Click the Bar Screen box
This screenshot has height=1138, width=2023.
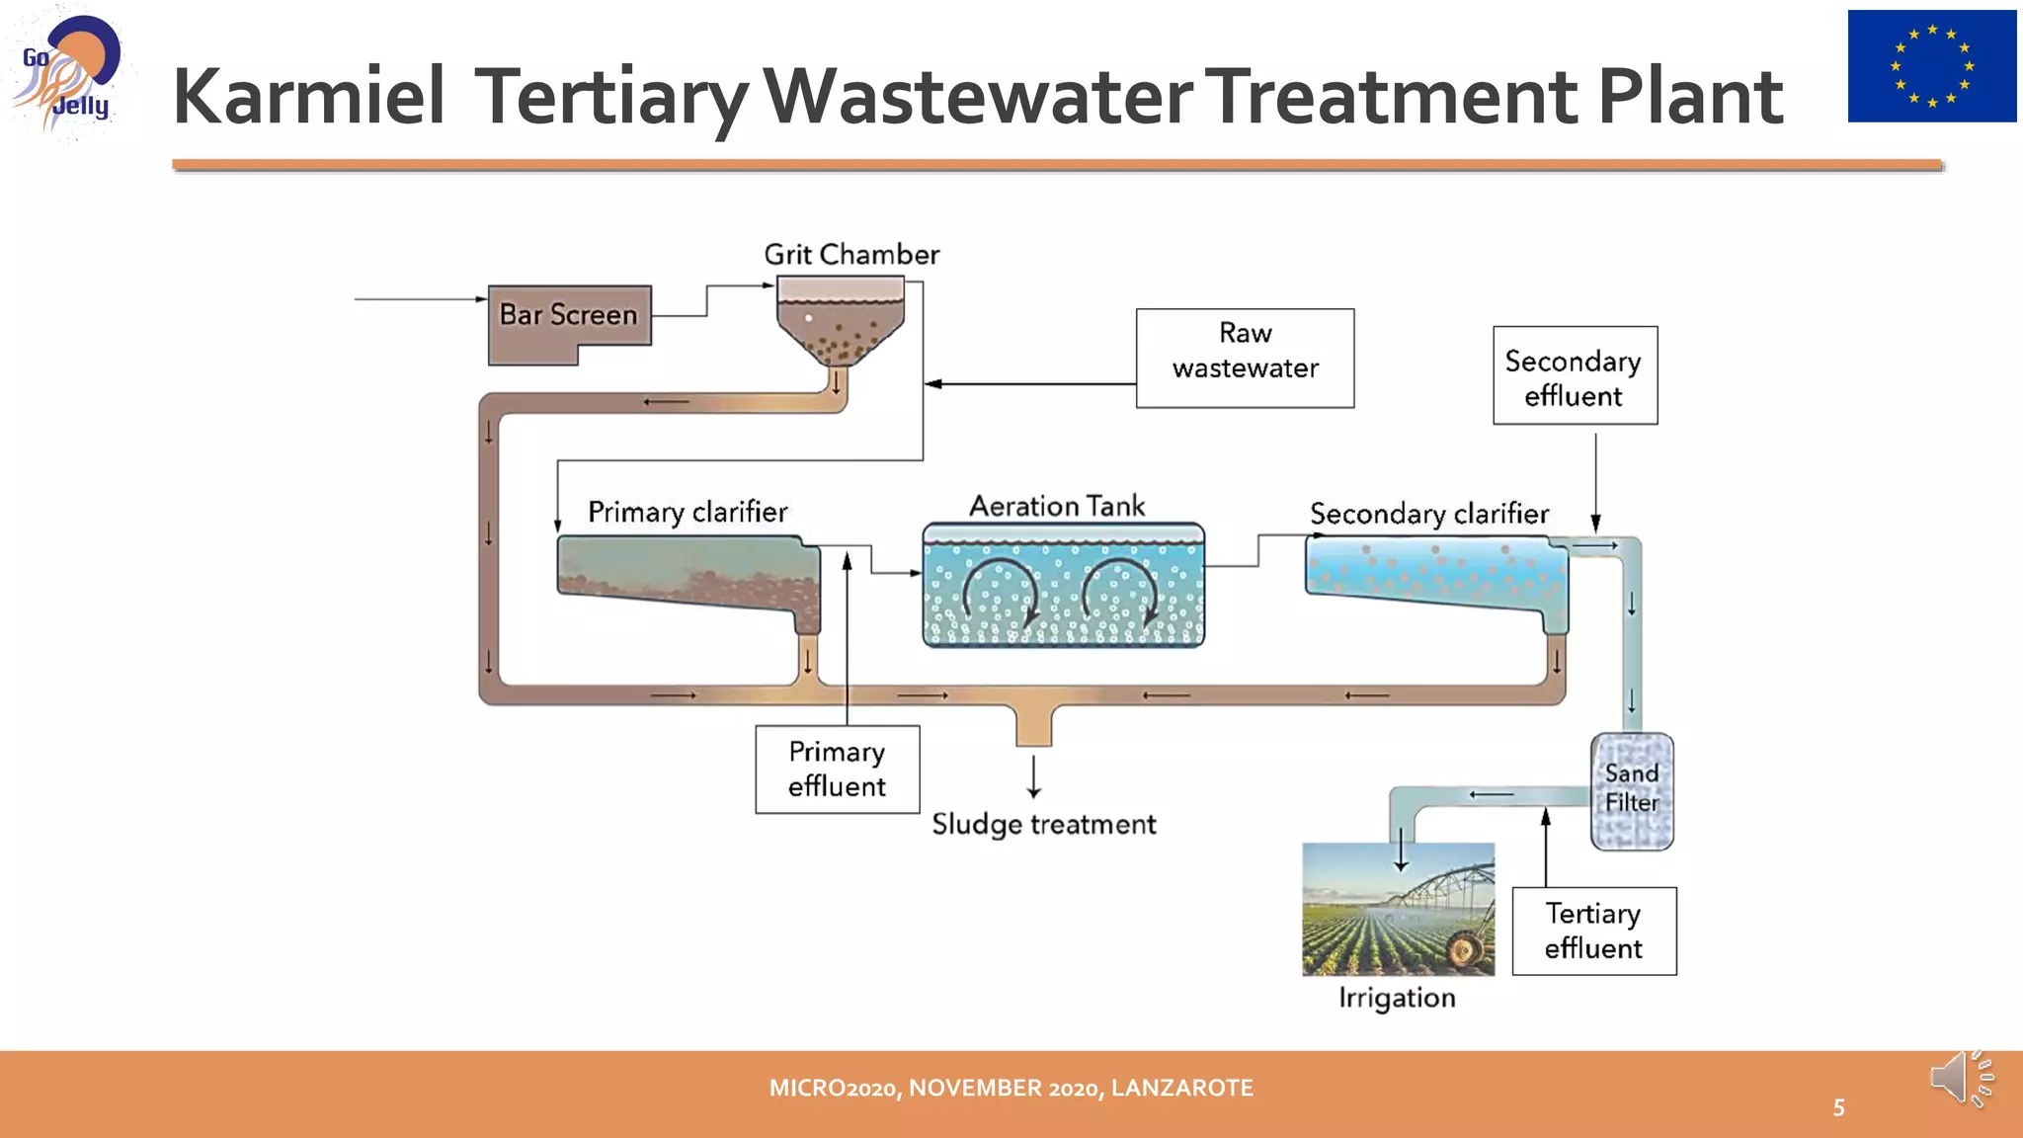tap(569, 316)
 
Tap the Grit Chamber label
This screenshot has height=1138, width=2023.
tap(851, 255)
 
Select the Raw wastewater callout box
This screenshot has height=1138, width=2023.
tap(1245, 358)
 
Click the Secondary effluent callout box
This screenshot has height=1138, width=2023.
tap(1575, 375)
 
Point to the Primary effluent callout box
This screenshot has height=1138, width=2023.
tap(837, 770)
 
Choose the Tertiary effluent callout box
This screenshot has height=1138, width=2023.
tap(1593, 931)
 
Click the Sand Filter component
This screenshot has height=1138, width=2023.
tap(1632, 790)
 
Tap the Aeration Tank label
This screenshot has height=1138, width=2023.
tap(1057, 506)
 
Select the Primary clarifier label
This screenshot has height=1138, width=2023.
tap(688, 512)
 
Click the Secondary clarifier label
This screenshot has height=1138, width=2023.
tap(1428, 514)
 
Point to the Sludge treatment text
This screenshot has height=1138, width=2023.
tap(1043, 824)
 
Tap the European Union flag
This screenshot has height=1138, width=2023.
tap(1931, 66)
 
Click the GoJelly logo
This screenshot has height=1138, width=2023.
tap(67, 74)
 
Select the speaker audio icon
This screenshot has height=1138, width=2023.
tap(1960, 1079)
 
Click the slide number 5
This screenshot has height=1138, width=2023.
tap(1838, 1107)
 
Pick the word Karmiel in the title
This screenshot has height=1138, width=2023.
tap(308, 97)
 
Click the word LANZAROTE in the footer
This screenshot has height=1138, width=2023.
tap(1181, 1088)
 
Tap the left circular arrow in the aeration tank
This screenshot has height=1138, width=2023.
tap(1000, 593)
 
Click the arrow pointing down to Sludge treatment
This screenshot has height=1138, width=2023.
tap(1033, 776)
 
